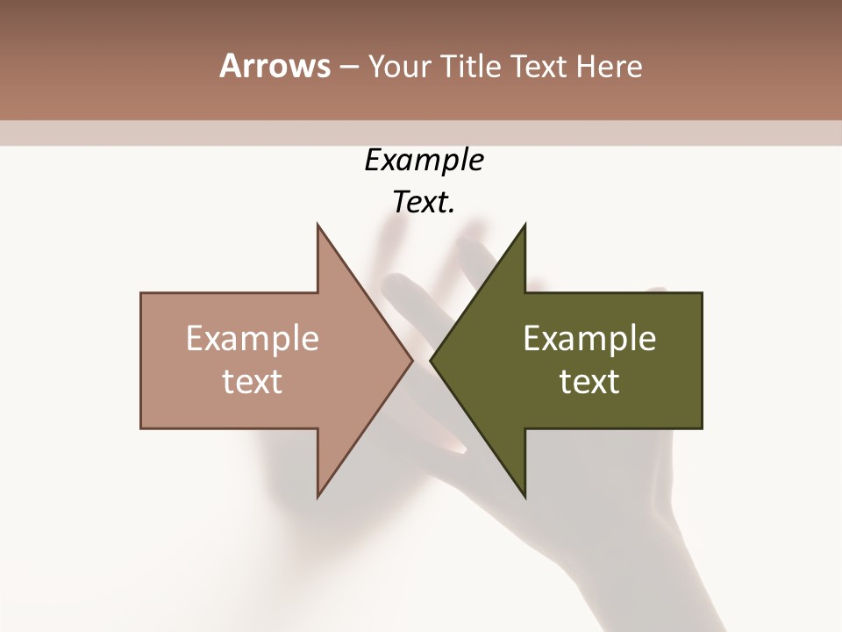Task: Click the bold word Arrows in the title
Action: tap(275, 66)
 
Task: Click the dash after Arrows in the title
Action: tap(347, 68)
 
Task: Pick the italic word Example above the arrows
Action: tap(425, 161)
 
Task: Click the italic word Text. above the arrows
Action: tap(425, 203)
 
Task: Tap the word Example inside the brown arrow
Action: tap(253, 338)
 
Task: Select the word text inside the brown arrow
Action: tap(253, 382)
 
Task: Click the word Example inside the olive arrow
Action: tap(589, 338)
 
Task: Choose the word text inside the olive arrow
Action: tap(589, 382)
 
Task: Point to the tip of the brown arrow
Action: tap(411, 360)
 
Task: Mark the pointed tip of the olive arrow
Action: tap(432, 360)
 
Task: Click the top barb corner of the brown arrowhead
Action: tap(318, 225)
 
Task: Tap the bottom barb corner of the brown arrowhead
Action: tap(318, 496)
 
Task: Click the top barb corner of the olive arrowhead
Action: tap(524, 225)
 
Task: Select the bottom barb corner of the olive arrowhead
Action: tap(524, 496)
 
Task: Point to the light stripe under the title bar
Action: tap(421, 133)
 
